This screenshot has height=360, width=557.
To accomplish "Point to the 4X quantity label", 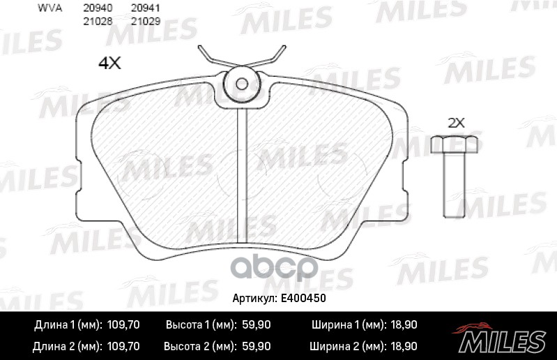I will pos(110,64).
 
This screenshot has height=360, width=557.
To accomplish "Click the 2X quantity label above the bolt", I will pos(456,122).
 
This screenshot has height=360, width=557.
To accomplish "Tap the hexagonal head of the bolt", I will pos(455,144).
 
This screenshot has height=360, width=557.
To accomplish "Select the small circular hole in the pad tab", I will pos(242,84).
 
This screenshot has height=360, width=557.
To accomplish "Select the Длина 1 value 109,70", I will pos(123,325).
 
